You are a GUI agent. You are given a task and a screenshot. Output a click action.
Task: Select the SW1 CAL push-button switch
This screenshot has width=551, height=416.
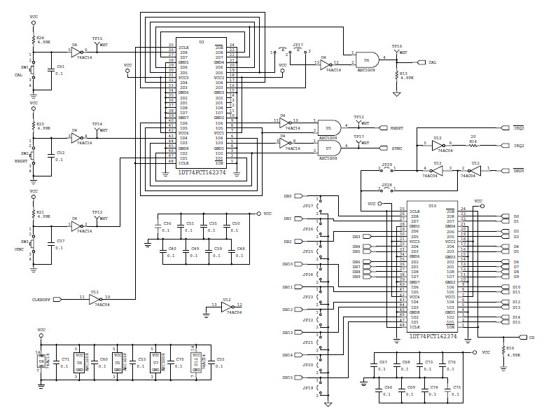pyautogui.click(x=32, y=70)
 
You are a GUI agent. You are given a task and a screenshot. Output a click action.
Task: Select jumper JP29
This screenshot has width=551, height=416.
pyautogui.click(x=386, y=168)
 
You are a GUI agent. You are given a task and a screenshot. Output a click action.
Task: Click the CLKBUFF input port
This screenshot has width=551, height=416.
pyautogui.click(x=48, y=298)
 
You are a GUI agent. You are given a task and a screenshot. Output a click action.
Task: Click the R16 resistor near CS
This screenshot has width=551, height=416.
pyautogui.click(x=502, y=350)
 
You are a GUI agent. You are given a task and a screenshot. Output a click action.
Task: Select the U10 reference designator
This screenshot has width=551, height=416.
pyautogui.click(x=433, y=206)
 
